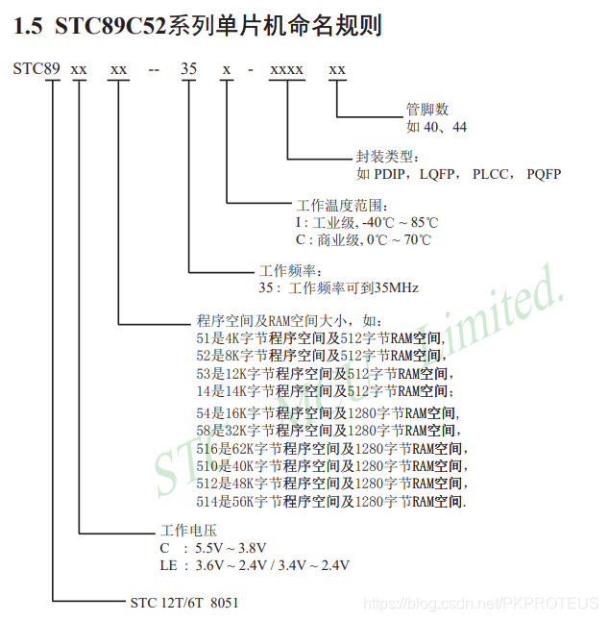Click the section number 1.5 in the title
pyautogui.click(x=29, y=27)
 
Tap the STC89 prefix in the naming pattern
pyautogui.click(x=37, y=69)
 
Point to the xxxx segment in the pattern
pyautogui.click(x=286, y=69)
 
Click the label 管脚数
pyautogui.click(x=427, y=110)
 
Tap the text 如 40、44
pyautogui.click(x=437, y=126)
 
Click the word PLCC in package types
pyautogui.click(x=491, y=174)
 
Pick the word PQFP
pyautogui.click(x=544, y=174)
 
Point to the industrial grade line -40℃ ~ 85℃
pyautogui.click(x=364, y=223)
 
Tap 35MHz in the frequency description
pyautogui.click(x=396, y=287)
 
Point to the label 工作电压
pyautogui.click(x=188, y=531)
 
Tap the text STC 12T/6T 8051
pyautogui.click(x=184, y=603)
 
